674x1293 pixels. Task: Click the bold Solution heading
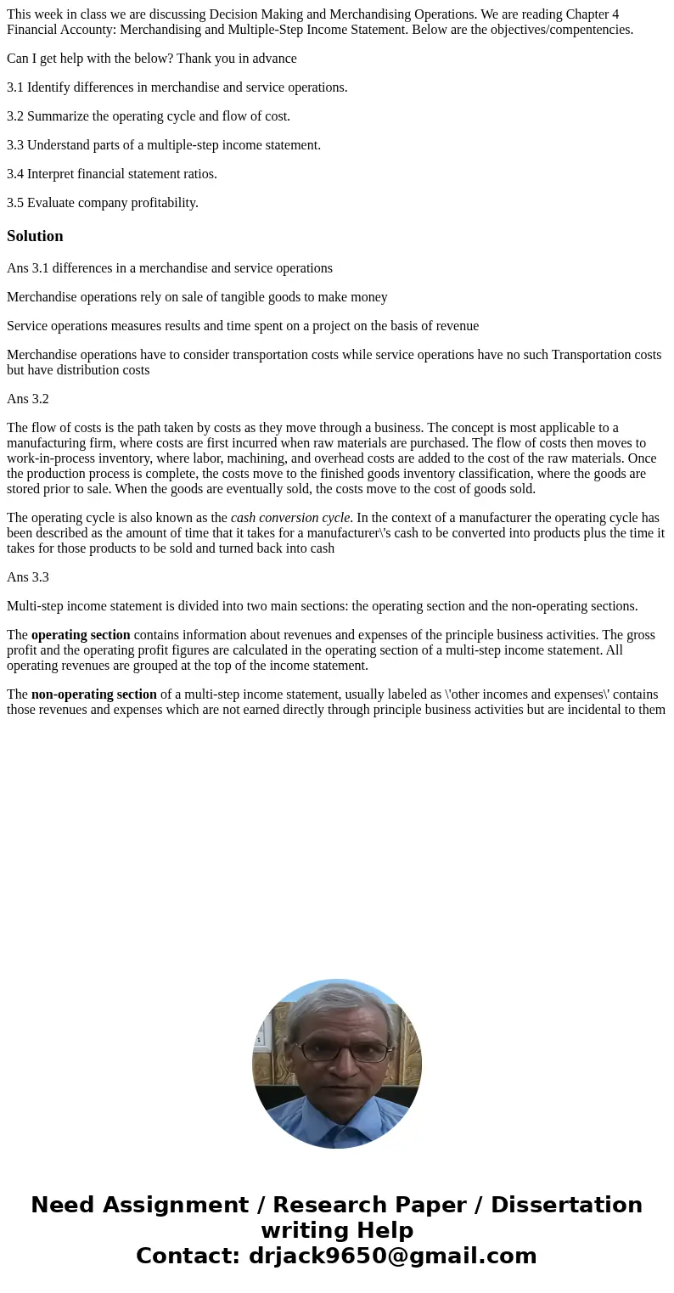pyautogui.click(x=35, y=236)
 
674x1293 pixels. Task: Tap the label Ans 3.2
pyautogui.click(x=28, y=399)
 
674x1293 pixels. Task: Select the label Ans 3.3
pyautogui.click(x=28, y=577)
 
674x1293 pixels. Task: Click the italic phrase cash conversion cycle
pyautogui.click(x=289, y=518)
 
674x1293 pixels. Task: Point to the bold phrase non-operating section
pyautogui.click(x=93, y=694)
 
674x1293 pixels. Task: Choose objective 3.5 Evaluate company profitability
pyautogui.click(x=103, y=203)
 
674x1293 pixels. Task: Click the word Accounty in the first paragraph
pyautogui.click(x=92, y=30)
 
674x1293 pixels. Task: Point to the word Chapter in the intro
pyautogui.click(x=586, y=14)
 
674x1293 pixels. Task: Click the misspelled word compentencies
pyautogui.click(x=589, y=30)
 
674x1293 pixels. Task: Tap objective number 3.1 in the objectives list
pyautogui.click(x=15, y=87)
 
